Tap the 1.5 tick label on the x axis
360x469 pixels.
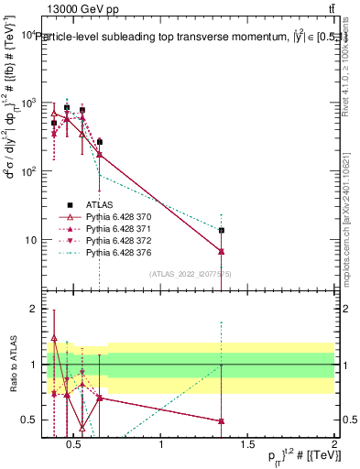pos(247,446)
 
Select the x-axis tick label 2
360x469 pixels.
pos(333,446)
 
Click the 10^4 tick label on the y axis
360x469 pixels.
pos(25,35)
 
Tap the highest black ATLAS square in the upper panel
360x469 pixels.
pos(66,107)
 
